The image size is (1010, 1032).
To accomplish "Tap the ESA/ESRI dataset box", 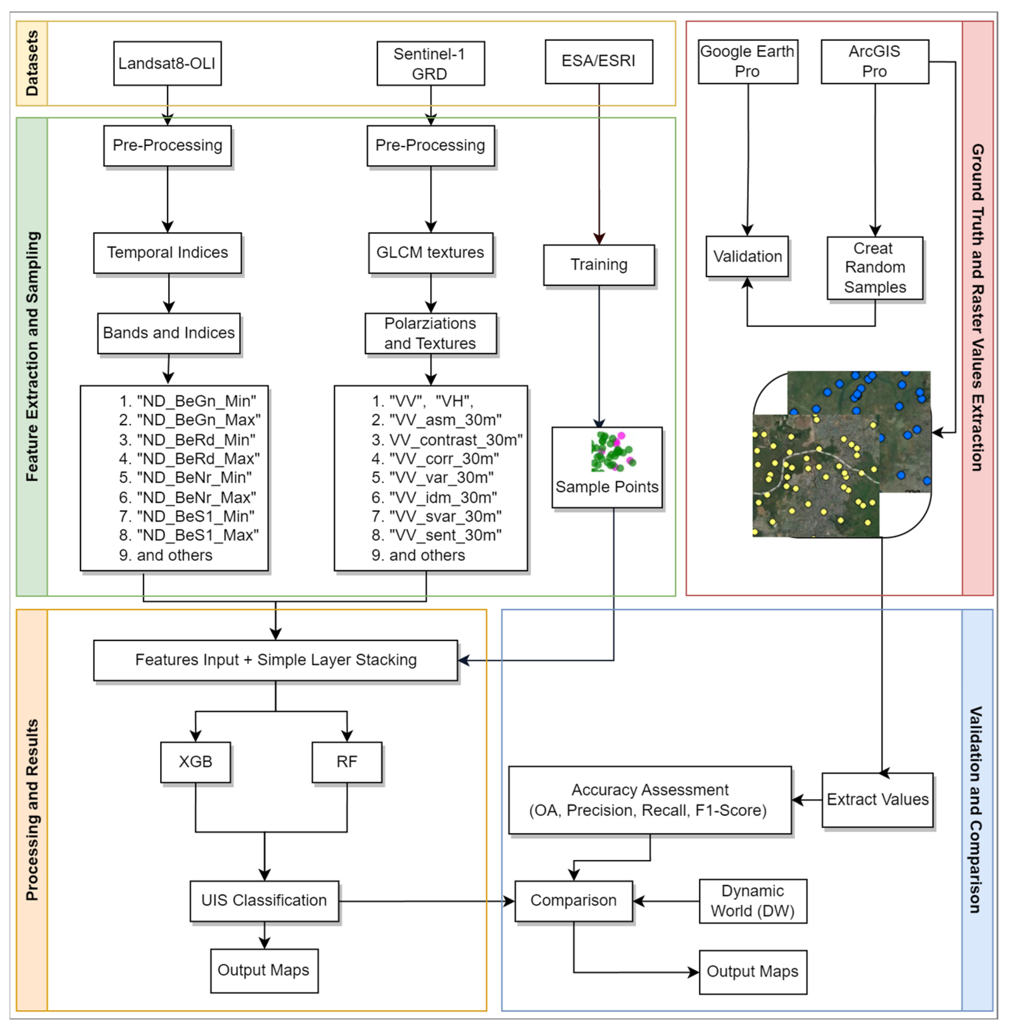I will tap(598, 61).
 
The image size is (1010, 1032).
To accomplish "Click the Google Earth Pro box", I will tap(748, 61).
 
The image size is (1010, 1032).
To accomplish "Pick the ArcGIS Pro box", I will tap(874, 61).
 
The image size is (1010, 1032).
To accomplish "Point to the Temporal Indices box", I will tap(167, 253).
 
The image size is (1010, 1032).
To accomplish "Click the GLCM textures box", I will tap(430, 253).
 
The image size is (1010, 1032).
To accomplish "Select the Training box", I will tap(598, 265).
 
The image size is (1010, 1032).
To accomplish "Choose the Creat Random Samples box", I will tap(874, 268).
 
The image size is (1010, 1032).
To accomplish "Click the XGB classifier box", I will tap(195, 762).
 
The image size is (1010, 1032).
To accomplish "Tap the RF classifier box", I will tap(346, 762).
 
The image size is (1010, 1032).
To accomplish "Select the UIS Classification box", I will tap(264, 901).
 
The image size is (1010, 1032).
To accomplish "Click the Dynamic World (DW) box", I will tap(752, 901).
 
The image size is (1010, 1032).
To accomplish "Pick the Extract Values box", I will tap(877, 799).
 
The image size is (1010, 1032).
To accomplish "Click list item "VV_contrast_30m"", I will tap(455, 440).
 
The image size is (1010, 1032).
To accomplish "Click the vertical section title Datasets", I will tap(32, 63).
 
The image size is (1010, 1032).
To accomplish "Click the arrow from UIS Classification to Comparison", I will tap(425, 901).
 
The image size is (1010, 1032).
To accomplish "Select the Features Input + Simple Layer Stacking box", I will tap(275, 660).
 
